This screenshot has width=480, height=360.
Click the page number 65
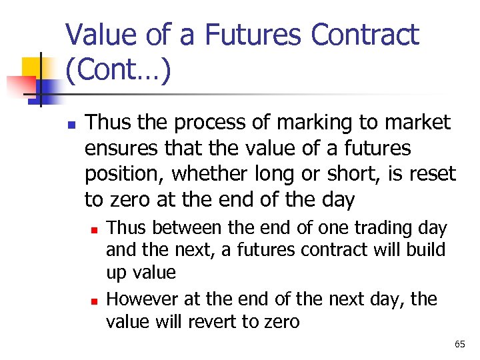coord(459,344)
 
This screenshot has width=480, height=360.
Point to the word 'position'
coord(124,174)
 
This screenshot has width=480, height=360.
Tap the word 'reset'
coord(433,174)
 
